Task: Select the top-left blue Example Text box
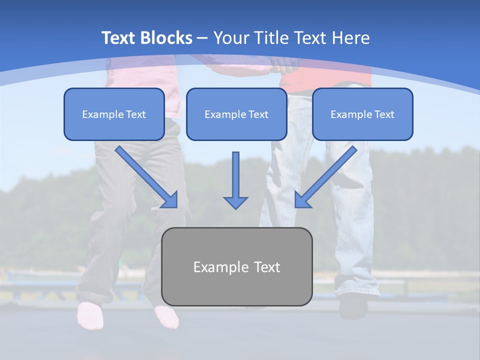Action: [114, 114]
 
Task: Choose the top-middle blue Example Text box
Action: [236, 114]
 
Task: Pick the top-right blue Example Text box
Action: [362, 114]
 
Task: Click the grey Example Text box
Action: [236, 266]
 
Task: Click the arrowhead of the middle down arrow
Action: [235, 202]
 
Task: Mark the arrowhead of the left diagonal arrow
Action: [170, 200]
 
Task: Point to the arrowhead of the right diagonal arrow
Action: [302, 200]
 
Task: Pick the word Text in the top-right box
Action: [384, 114]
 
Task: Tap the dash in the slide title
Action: [203, 38]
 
